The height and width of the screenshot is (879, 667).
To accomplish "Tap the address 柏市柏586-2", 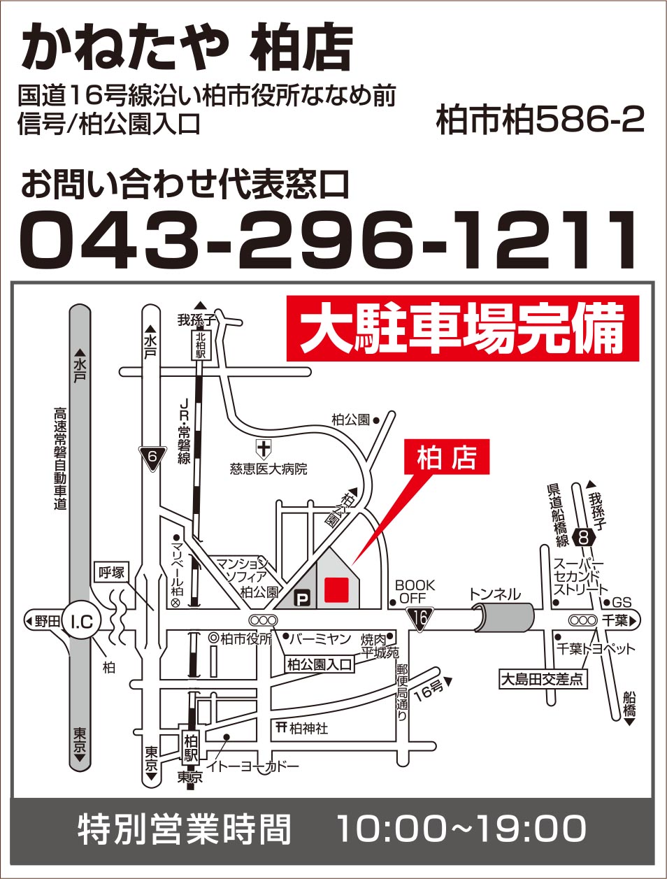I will [539, 120].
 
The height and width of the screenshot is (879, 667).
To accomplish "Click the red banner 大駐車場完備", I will [463, 329].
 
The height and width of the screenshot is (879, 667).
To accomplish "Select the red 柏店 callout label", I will [447, 459].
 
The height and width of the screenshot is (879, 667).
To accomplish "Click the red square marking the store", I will [336, 589].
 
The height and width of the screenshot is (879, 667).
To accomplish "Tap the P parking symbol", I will [302, 598].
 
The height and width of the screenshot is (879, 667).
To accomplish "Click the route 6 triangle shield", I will [153, 458].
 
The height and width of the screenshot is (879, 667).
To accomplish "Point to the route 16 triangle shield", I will [419, 617].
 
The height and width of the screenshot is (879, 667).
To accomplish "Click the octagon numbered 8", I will [583, 537].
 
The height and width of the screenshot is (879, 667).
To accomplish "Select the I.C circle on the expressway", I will [82, 620].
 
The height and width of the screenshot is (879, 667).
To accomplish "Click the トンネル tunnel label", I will [494, 594].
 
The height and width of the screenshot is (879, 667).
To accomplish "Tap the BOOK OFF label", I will [415, 592].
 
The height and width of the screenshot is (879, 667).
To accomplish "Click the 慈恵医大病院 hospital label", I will [268, 469].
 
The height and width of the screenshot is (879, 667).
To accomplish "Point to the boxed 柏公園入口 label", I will [320, 664].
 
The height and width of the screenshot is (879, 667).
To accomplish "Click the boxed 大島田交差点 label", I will [543, 678].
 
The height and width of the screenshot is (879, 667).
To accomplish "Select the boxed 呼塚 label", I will [112, 573].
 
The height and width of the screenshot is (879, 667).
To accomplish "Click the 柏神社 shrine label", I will [302, 727].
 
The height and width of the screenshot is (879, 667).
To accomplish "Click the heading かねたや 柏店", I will [187, 48].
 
